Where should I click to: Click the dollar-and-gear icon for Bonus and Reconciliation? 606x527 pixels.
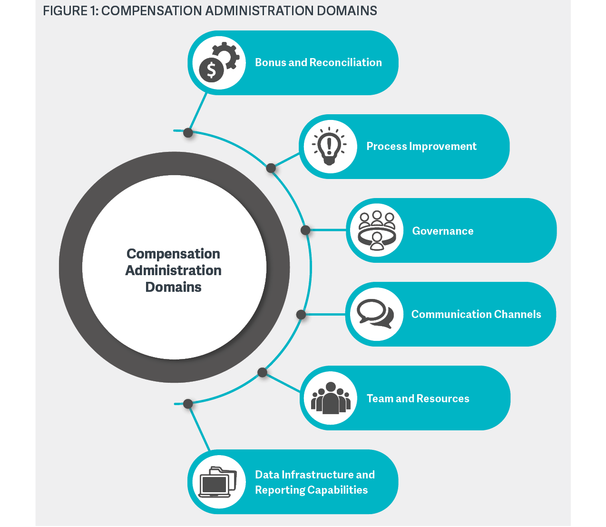(218, 63)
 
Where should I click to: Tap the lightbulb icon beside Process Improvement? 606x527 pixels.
(330, 147)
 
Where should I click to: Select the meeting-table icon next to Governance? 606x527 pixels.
(377, 230)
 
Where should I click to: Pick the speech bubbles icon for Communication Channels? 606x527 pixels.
(376, 314)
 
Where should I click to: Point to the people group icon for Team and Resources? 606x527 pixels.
(331, 398)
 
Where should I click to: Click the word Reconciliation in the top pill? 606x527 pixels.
(346, 62)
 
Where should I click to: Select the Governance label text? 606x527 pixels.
(443, 231)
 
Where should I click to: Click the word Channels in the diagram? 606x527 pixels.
(518, 314)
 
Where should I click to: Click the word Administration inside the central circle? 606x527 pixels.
(174, 270)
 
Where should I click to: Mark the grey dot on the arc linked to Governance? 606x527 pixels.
(306, 230)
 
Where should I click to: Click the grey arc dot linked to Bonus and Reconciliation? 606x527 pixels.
(188, 133)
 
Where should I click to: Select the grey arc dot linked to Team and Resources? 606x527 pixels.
(262, 372)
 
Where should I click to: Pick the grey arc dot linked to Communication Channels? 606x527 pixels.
(301, 315)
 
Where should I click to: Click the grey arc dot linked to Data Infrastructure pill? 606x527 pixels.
(188, 404)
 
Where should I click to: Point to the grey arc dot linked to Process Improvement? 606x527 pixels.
(271, 168)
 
